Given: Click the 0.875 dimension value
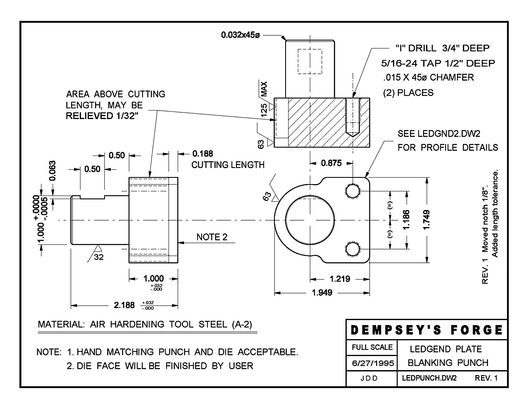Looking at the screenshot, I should click(331, 163).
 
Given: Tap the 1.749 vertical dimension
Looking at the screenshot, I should click(427, 221).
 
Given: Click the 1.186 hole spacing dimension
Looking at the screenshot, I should click(406, 220).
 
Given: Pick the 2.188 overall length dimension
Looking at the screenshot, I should click(124, 305).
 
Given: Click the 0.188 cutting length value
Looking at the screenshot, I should click(203, 154).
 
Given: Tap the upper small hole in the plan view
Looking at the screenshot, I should click(353, 191).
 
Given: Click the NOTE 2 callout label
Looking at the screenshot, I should click(212, 237).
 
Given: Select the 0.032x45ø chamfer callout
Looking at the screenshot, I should click(240, 36).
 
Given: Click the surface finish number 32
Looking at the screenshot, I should click(99, 257).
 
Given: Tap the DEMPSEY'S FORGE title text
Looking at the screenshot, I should click(427, 330).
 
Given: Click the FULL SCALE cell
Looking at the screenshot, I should click(372, 347).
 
